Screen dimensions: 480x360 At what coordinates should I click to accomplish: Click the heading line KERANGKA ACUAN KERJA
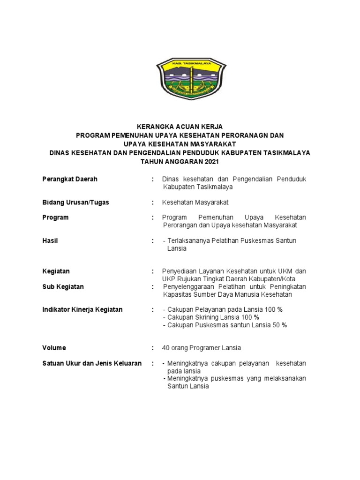click(180, 127)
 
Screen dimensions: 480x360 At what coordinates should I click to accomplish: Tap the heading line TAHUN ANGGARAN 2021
click(180, 162)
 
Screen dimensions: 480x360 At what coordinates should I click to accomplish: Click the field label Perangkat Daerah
click(69, 180)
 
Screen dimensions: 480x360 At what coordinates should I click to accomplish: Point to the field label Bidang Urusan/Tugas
click(75, 202)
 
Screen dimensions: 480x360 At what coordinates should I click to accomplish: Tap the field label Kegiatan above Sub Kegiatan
click(56, 271)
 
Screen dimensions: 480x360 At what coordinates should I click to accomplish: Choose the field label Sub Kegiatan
click(63, 286)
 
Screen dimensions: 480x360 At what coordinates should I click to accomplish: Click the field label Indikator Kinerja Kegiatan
click(82, 309)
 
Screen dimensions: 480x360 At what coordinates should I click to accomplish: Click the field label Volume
click(54, 348)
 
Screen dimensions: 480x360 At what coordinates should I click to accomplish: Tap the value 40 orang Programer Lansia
click(201, 348)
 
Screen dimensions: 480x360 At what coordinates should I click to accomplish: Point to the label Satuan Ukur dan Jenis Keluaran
click(92, 363)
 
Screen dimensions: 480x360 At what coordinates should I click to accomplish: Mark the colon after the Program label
click(153, 217)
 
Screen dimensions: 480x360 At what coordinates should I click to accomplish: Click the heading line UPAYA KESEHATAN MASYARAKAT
click(180, 144)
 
